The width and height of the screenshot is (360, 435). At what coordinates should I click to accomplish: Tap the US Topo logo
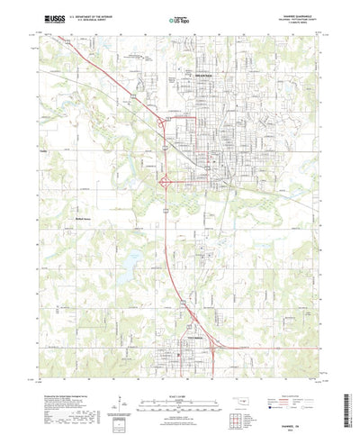pyautogui.click(x=181, y=19)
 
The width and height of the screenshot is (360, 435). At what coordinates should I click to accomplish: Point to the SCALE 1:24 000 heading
pyautogui.click(x=180, y=381)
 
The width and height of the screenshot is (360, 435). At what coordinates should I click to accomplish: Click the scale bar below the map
pyautogui.click(x=180, y=391)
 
